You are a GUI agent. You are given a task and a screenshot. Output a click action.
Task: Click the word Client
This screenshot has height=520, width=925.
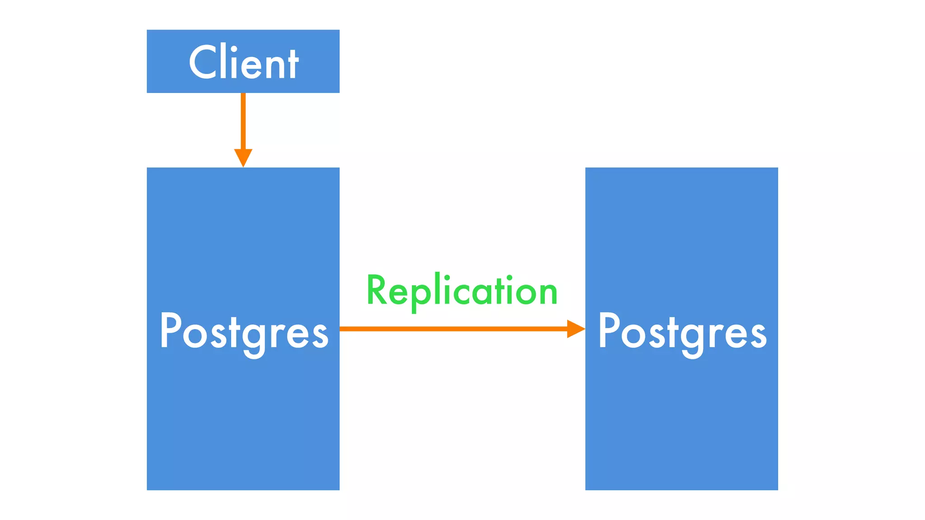243,63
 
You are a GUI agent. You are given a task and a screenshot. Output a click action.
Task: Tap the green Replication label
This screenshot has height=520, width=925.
462,291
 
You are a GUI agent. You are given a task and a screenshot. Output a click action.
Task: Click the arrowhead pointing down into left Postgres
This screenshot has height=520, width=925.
243,157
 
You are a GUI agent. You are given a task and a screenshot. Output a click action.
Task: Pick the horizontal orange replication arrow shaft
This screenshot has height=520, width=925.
452,329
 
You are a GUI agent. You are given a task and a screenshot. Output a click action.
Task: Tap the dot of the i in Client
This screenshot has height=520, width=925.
234,49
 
